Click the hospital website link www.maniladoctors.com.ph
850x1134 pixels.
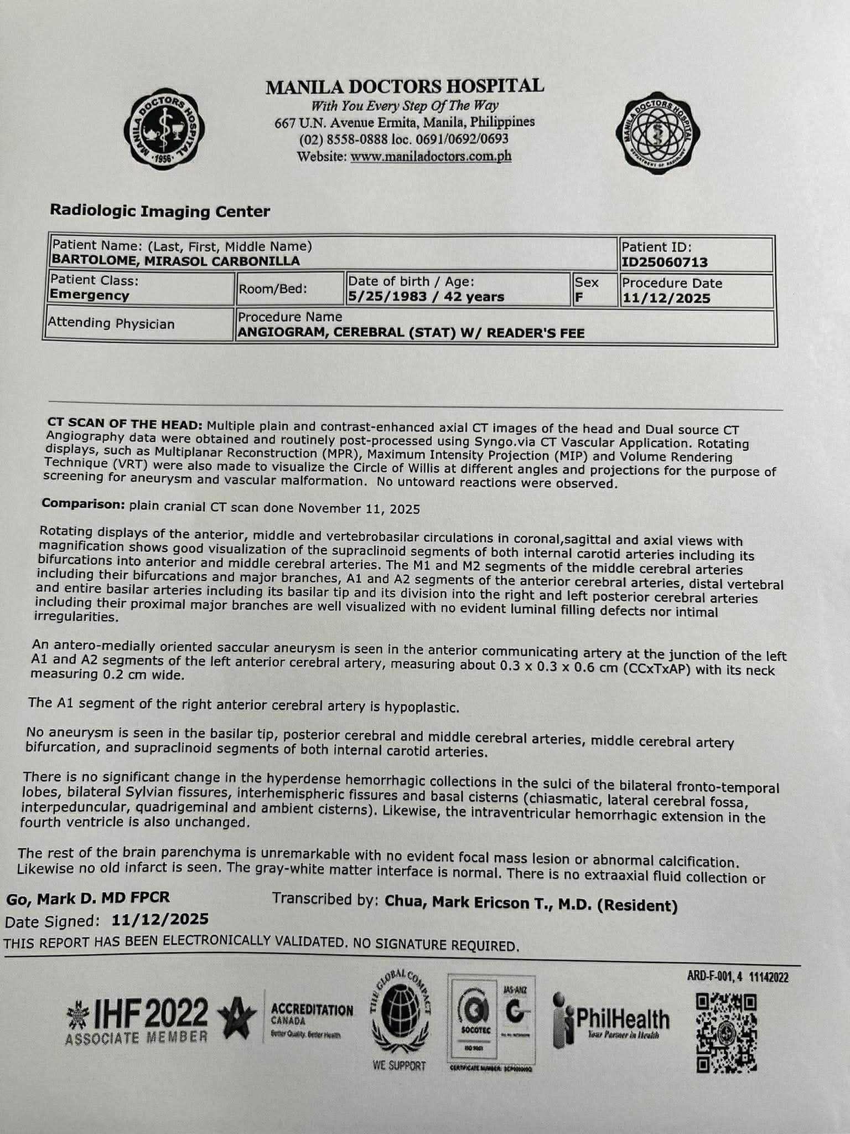[x=431, y=157]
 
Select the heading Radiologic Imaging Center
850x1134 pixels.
[x=160, y=211]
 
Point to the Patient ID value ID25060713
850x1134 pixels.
[x=665, y=262]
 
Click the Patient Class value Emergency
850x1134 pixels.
[x=90, y=295]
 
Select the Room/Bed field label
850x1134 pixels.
[x=272, y=288]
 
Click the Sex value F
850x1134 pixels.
[x=579, y=297]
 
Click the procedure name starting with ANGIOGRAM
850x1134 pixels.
[x=411, y=333]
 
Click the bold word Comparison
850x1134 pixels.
[x=83, y=504]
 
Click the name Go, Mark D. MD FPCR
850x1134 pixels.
[x=88, y=898]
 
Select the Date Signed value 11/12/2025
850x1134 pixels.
[x=160, y=920]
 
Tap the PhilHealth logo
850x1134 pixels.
[x=611, y=1020]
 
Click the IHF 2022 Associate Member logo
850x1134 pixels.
[x=137, y=1020]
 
